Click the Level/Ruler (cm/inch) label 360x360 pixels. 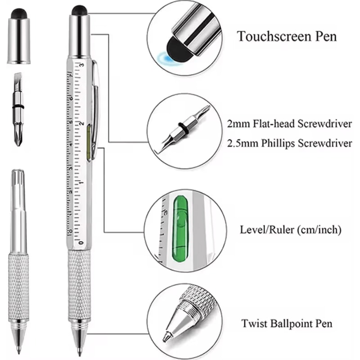coord(291,230)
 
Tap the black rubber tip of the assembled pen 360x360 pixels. coord(79,10)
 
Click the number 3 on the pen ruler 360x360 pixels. coord(81,65)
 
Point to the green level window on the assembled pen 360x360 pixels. coord(89,141)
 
